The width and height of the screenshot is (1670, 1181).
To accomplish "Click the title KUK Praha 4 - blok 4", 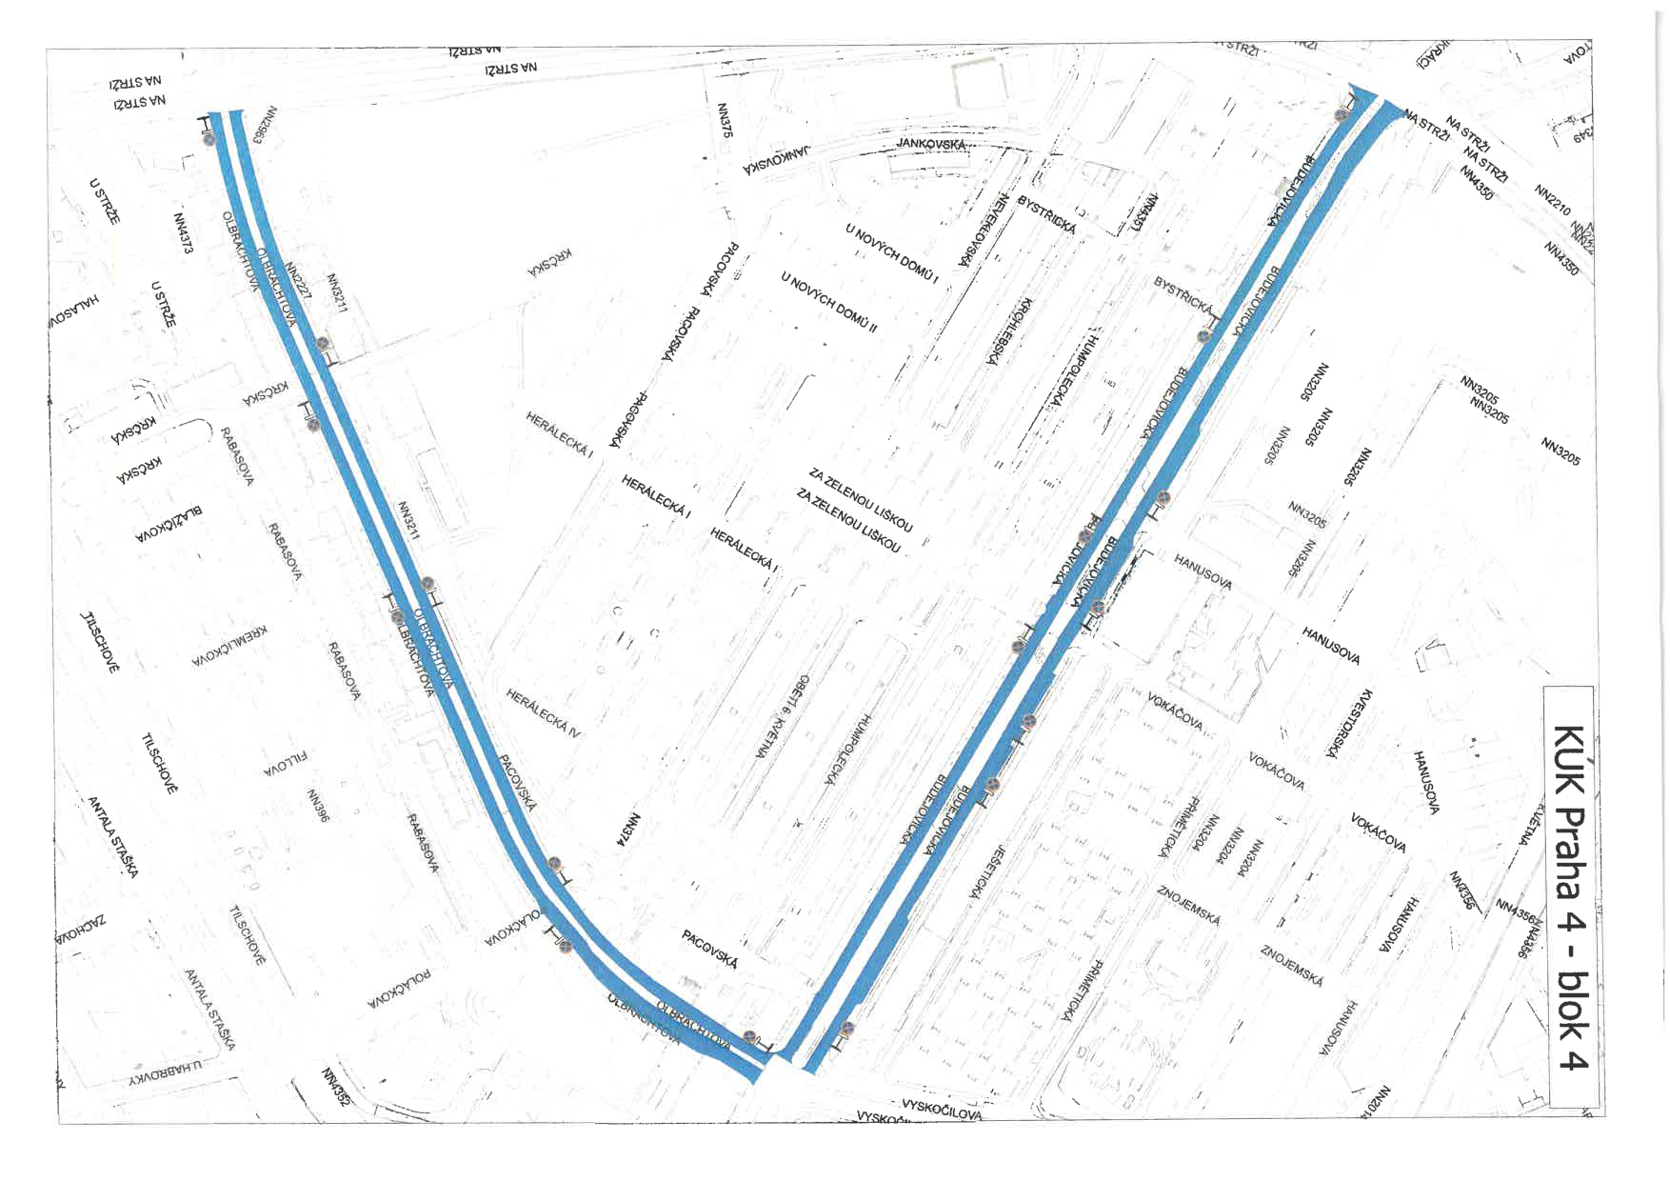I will pos(1570,896).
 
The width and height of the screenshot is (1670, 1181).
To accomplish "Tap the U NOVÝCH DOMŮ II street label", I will pos(828,302).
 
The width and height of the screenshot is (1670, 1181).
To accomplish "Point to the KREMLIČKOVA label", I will pos(229,646).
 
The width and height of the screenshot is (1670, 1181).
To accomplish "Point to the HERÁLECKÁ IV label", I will pos(543,713).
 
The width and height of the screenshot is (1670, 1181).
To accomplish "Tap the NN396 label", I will pos(318,805).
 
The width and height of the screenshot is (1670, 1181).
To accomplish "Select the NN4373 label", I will pos(183,231).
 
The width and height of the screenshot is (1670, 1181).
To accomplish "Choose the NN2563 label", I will pos(266,124).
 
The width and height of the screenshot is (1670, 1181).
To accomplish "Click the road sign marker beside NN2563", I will pos(209,138).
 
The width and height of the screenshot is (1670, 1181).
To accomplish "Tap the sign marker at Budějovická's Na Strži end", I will pos(1342,115).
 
